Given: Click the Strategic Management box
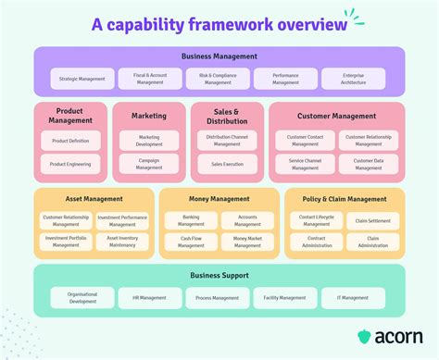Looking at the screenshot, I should pos(83,79).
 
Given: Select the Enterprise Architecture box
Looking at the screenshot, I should pos(355,79).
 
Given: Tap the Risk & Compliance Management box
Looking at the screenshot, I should pos(219,79).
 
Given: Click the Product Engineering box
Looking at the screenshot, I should pos(70,164).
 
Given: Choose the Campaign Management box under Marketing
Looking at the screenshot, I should pos(149,164).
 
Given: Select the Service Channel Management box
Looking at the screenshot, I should pos(305,164).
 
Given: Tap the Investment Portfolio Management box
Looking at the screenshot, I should pos(66,242).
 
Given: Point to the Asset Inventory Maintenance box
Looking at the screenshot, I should pos(121,242).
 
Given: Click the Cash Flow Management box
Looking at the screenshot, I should pos(192,242).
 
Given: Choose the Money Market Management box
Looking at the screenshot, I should pos(246,242).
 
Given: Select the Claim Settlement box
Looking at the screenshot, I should pos(372,220).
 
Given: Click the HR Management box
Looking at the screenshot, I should pos(150,297).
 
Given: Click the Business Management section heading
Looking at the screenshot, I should pos(219,56).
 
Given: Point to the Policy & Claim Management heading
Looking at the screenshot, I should pos(343,198).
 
